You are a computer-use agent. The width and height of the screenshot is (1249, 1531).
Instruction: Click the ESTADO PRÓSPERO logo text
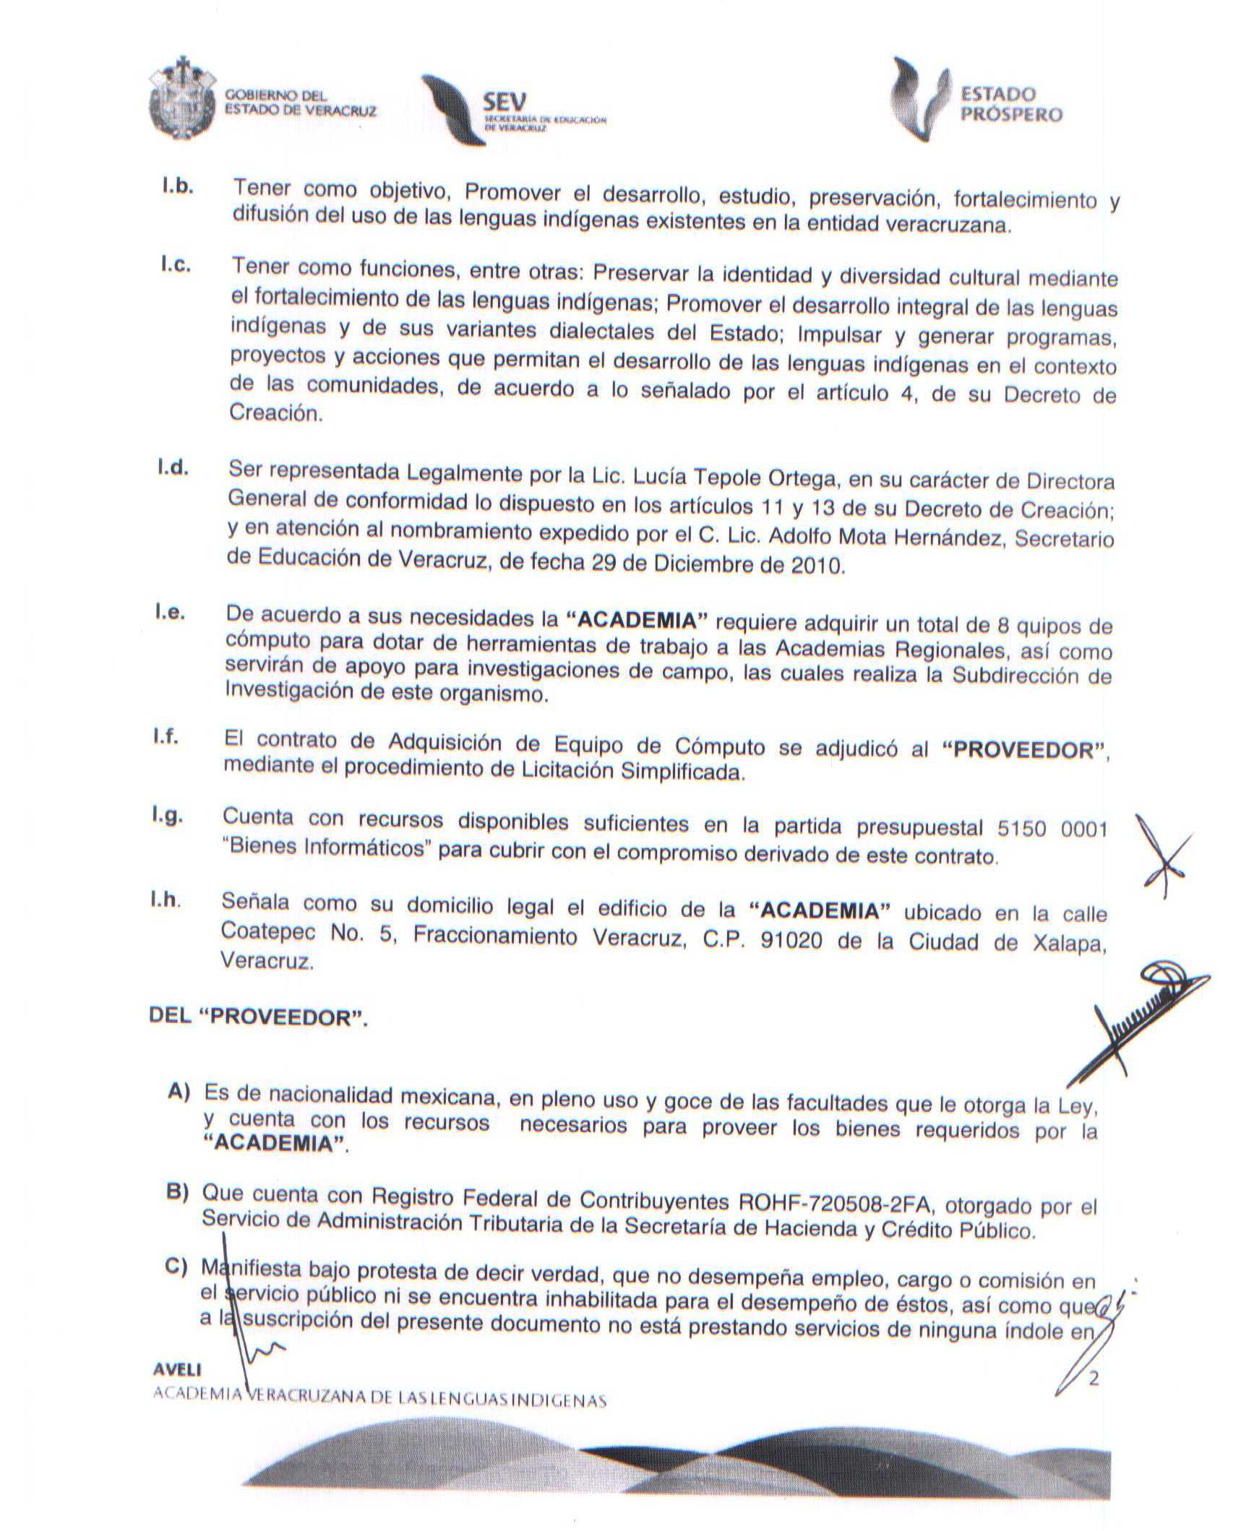pos(1010,105)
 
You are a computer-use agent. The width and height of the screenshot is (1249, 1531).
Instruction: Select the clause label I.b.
pos(177,186)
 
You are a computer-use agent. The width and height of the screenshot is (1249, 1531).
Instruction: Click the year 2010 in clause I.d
pos(816,566)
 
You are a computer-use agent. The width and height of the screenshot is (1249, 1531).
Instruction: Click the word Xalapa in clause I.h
pos(1062,944)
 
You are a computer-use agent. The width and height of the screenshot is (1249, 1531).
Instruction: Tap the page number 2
pos(1094,1379)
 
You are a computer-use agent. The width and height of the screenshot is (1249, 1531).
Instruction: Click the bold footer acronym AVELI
pos(178,1370)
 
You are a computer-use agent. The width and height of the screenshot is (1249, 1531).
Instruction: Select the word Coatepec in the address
pos(268,931)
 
